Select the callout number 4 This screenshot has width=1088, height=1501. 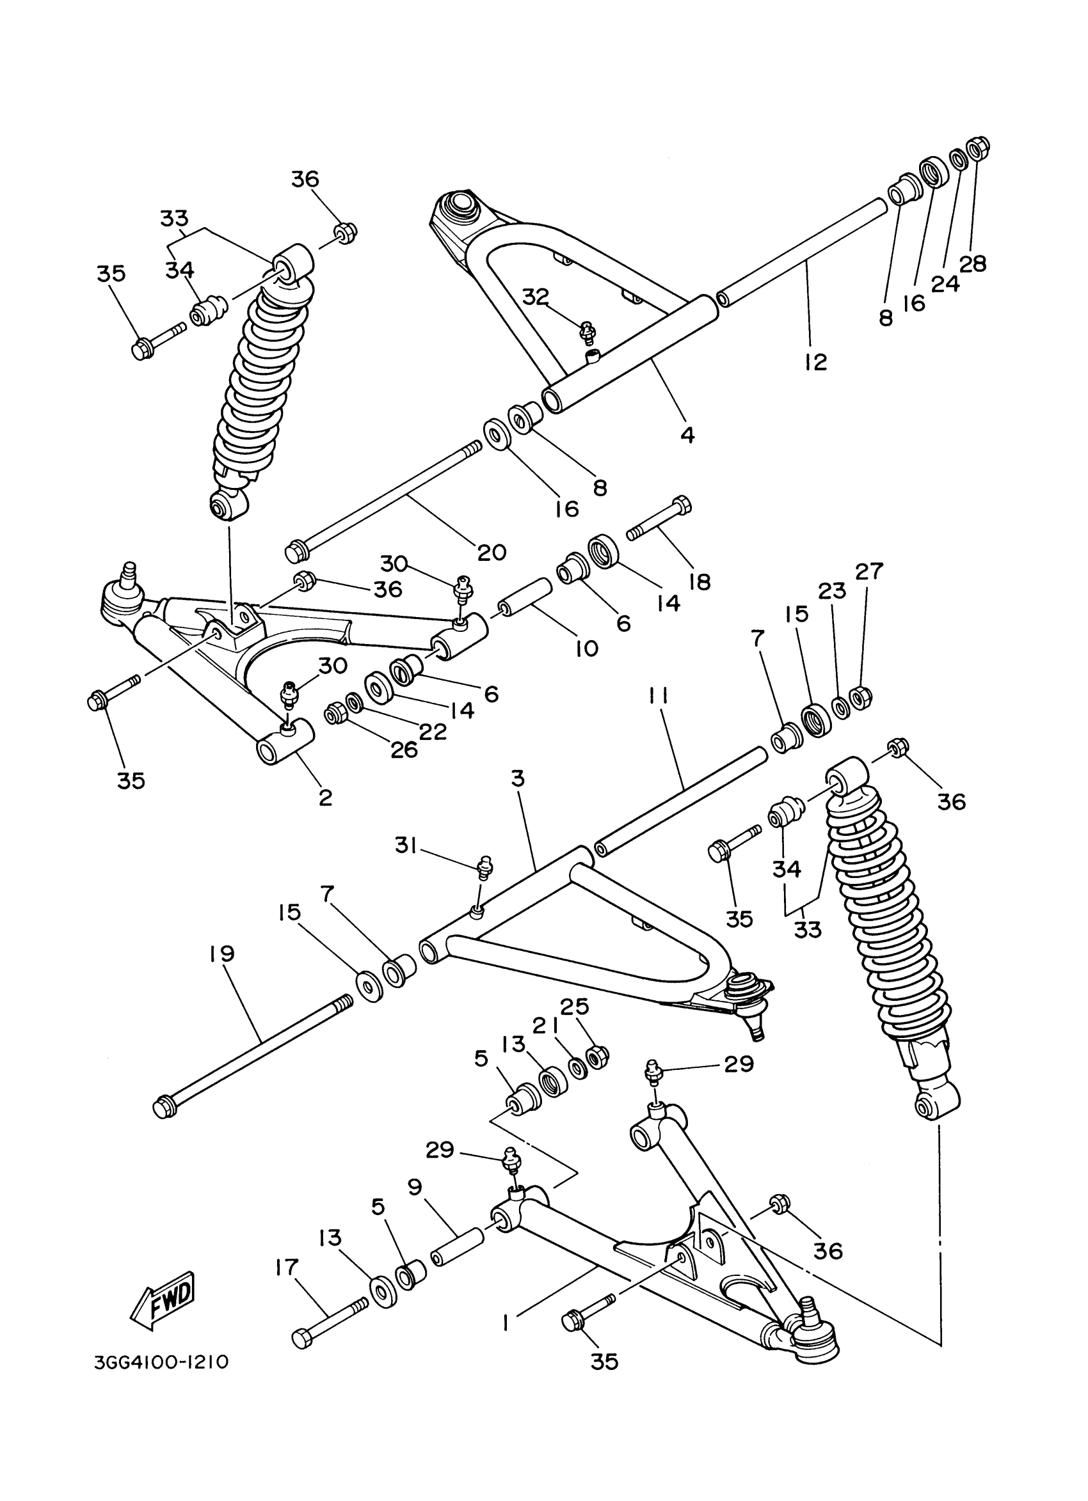687,435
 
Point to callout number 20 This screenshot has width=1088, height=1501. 492,551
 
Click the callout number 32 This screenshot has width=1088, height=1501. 536,297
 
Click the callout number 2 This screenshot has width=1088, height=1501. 324,798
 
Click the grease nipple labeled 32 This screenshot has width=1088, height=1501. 586,330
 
